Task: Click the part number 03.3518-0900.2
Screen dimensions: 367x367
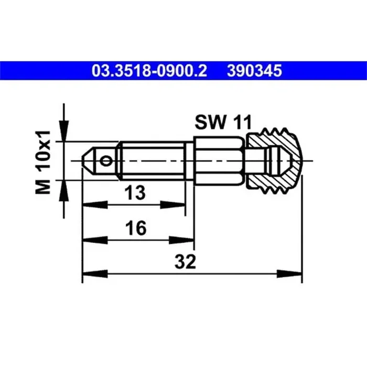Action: [149, 71]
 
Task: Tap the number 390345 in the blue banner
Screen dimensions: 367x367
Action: [254, 71]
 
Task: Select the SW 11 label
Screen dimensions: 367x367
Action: [223, 122]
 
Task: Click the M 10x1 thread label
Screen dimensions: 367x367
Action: [43, 162]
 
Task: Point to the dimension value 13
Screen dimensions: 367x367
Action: [135, 192]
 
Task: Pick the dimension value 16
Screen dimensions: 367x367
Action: [136, 228]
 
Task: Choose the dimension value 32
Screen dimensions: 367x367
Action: [185, 262]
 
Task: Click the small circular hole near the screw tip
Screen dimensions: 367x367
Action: [105, 161]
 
